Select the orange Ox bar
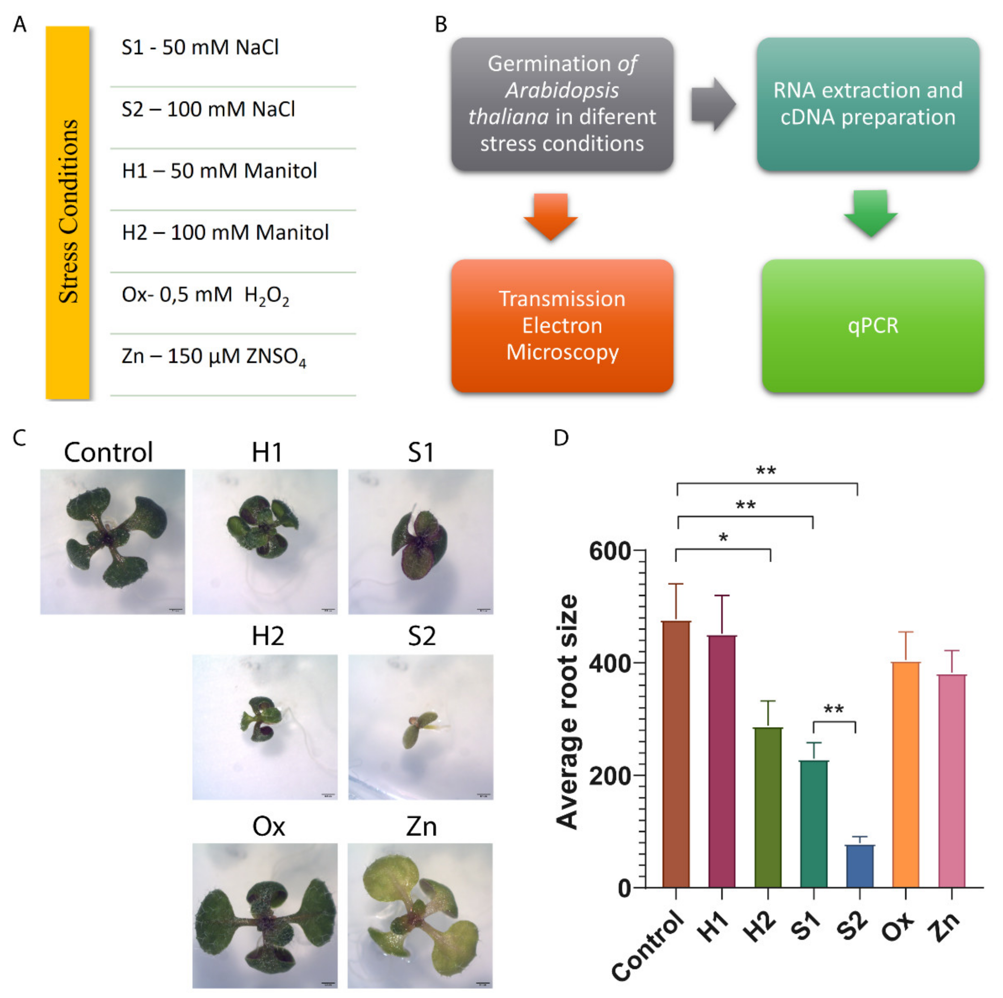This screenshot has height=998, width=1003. (905, 774)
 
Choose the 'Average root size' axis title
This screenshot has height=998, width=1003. (567, 711)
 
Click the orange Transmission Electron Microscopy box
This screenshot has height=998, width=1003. (562, 325)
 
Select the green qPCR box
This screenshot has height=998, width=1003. (873, 325)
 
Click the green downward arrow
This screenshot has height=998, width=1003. (871, 213)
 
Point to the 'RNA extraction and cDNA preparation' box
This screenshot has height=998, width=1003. (868, 104)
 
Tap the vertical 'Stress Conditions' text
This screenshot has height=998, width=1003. (68, 211)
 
